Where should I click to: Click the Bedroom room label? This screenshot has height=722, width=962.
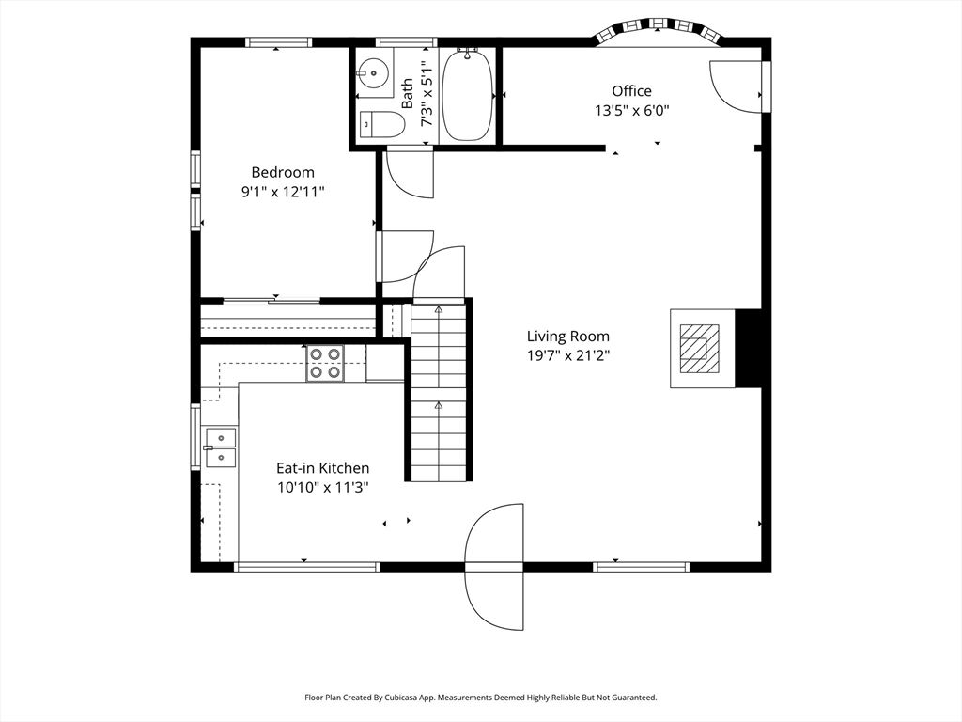[283, 173]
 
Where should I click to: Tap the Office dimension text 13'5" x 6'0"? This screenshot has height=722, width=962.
[631, 111]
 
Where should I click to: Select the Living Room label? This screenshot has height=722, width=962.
[568, 337]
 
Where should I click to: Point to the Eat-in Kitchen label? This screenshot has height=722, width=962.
[323, 468]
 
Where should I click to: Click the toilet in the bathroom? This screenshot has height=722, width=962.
[380, 125]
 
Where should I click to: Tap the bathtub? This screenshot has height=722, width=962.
[468, 96]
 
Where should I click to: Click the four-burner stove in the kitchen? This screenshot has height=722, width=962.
[325, 364]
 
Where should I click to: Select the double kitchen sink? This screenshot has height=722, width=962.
[220, 447]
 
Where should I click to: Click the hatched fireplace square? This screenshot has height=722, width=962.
[699, 348]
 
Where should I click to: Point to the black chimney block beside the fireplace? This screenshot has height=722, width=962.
[748, 348]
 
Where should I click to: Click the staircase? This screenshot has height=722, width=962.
[439, 393]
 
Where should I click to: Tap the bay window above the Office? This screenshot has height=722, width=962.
[659, 31]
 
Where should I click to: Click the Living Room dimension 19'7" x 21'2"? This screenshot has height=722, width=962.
[568, 355]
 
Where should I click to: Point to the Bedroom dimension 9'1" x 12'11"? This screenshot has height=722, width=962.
[283, 192]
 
